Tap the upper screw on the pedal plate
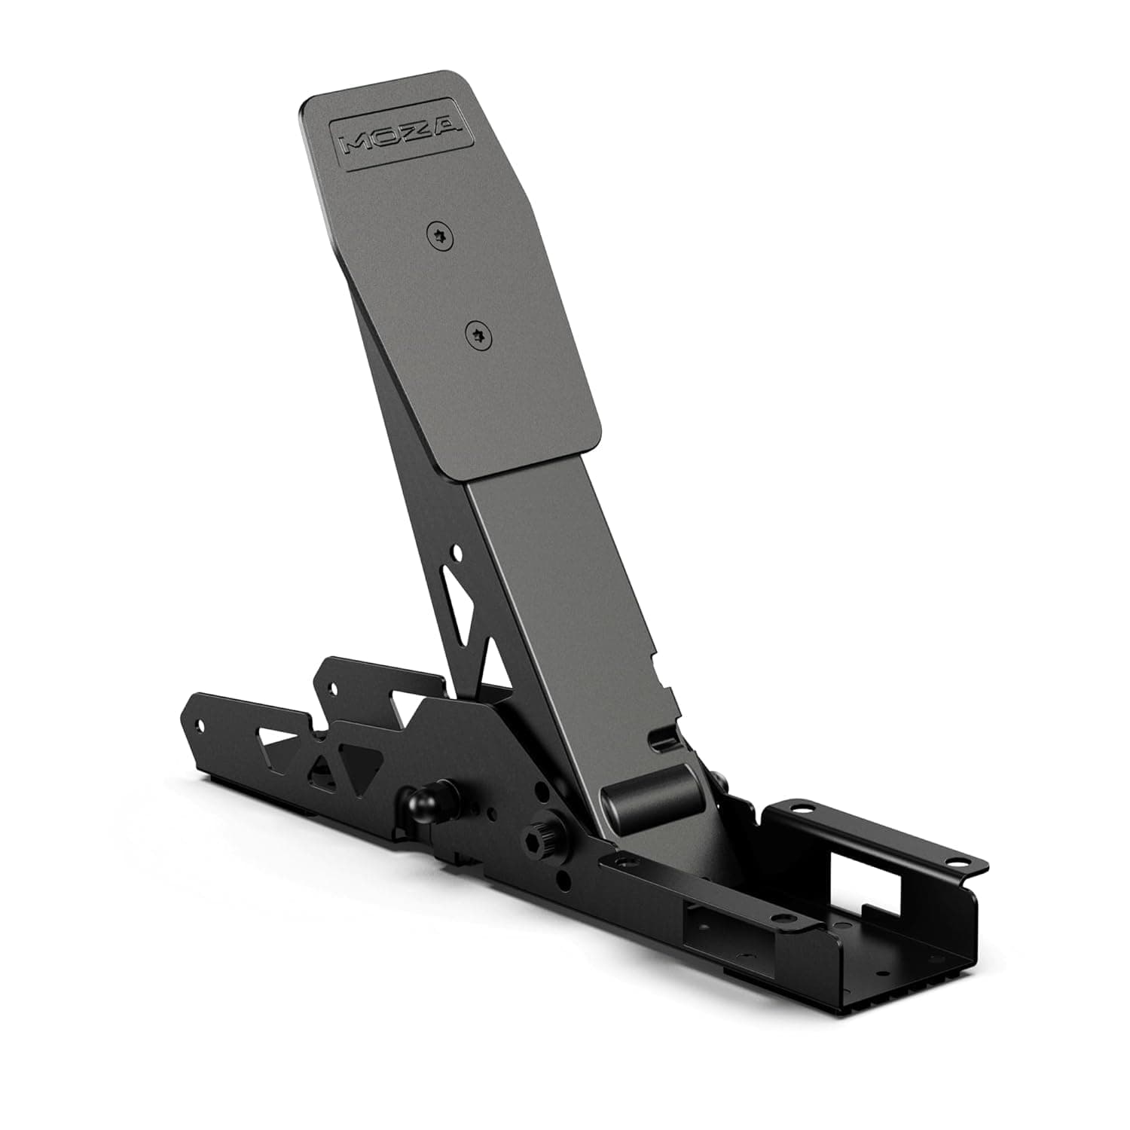pos(441,236)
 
